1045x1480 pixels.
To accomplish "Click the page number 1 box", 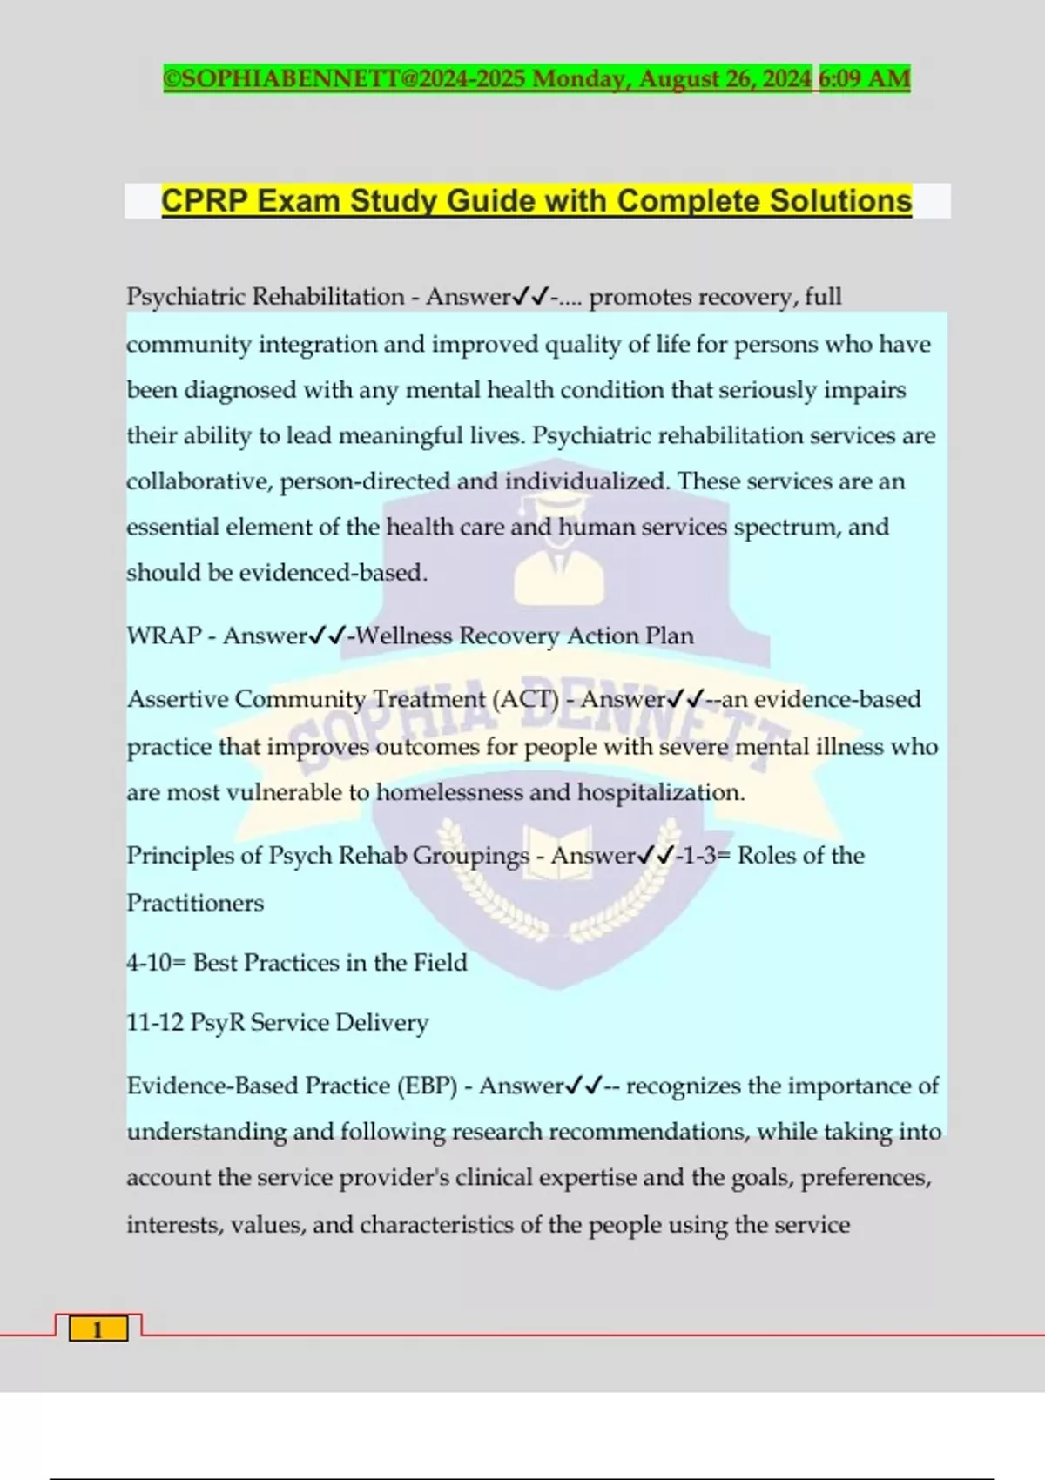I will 98,1329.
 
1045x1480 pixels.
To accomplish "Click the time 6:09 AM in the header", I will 864,78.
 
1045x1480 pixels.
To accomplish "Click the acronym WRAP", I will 164,636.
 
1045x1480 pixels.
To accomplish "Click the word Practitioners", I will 195,903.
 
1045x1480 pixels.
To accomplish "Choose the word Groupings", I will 470,856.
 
